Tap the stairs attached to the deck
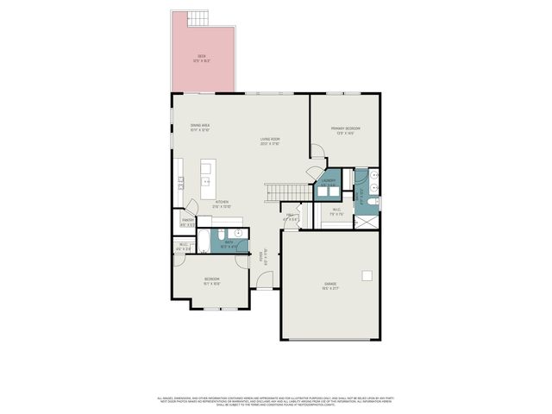(201, 17)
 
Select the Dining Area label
(200, 127)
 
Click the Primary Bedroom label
(345, 130)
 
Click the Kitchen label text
(222, 205)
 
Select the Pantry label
(187, 222)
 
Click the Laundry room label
(328, 183)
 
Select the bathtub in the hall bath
(204, 241)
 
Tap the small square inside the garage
(367, 276)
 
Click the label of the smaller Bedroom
(211, 280)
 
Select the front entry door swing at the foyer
(267, 280)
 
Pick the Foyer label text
(264, 255)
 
